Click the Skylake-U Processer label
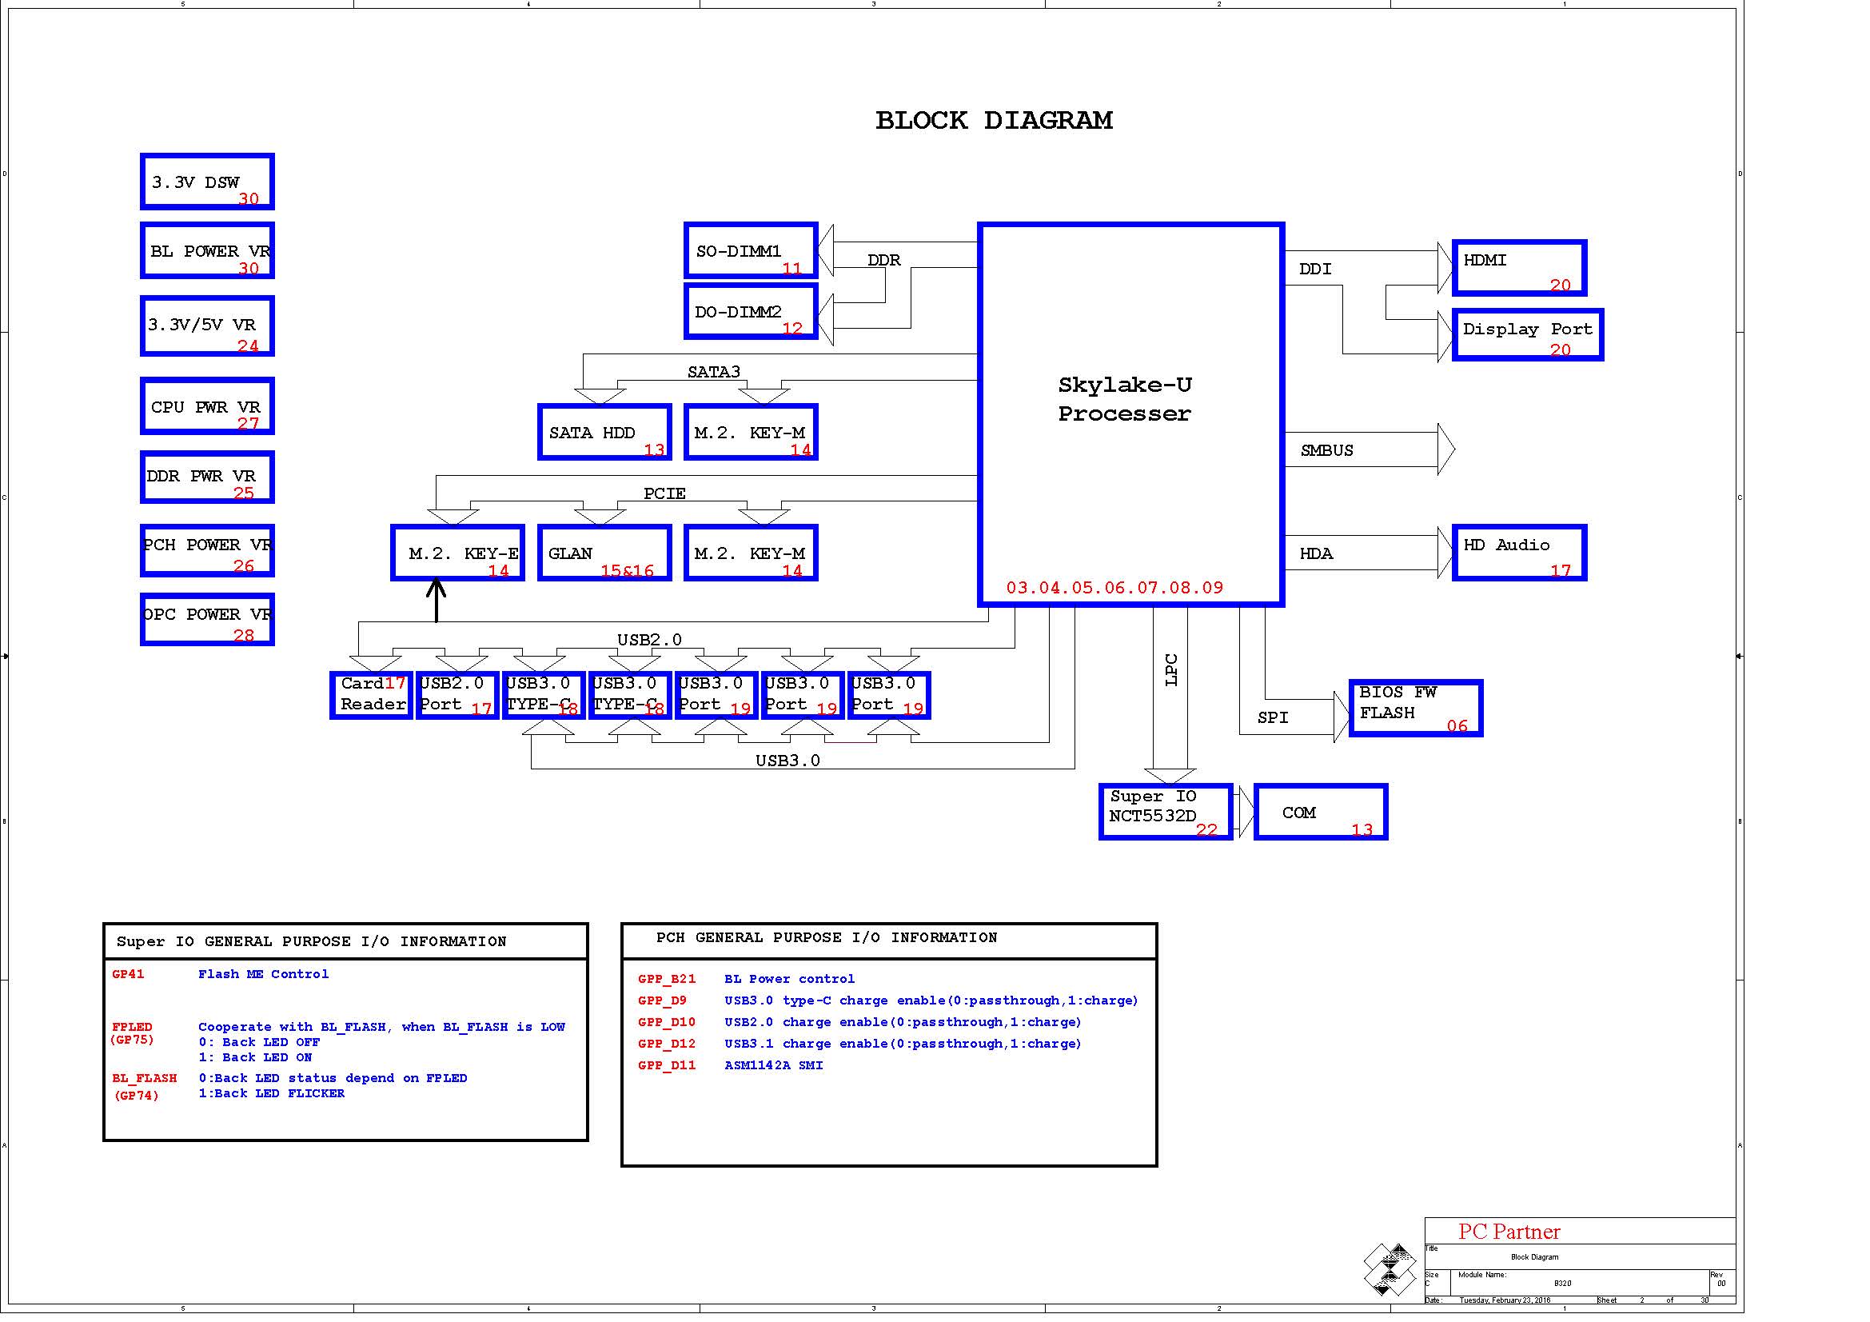pos(1124,399)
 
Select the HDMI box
pos(1519,268)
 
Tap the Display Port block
pos(1527,335)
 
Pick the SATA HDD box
pos(604,433)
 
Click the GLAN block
pos(604,553)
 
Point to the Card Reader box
pos(372,695)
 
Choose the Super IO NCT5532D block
pos(1166,811)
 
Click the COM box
pos(1320,811)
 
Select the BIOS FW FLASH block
pos(1416,708)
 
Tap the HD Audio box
pos(1519,553)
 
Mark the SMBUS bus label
pos(1327,450)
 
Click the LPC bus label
pos(1171,669)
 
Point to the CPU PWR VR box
pos(207,405)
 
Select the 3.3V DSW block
pos(207,182)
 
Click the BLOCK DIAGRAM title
pos(994,121)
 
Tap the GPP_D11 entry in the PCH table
pos(667,1065)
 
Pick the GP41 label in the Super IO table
pos(128,974)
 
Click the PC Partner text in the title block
pos(1509,1232)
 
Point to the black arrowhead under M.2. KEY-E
pos(437,586)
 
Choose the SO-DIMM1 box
pos(750,251)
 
